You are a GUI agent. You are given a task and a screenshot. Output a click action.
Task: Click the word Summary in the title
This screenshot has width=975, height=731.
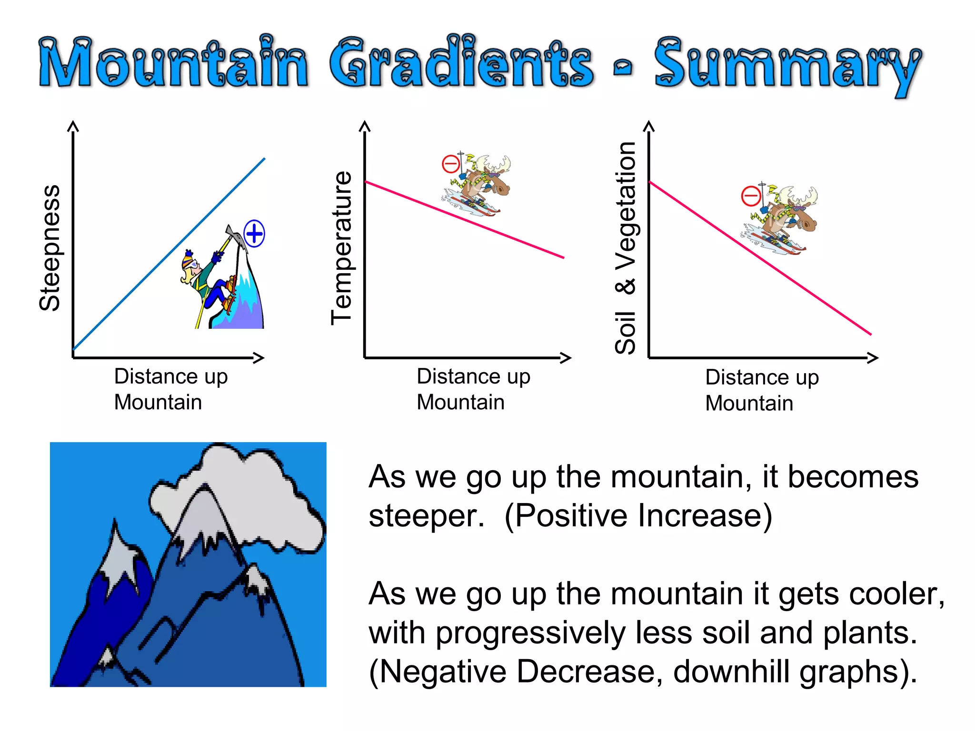click(x=788, y=64)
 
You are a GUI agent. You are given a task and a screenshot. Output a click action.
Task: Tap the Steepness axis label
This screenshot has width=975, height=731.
click(x=50, y=247)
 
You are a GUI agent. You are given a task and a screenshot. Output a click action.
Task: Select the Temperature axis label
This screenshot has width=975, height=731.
click(x=341, y=247)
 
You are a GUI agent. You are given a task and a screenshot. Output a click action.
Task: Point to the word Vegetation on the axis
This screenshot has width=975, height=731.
click(x=626, y=205)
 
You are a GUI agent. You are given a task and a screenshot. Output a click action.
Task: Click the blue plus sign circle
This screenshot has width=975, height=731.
click(x=254, y=234)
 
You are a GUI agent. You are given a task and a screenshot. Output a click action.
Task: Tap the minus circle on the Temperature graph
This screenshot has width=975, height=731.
click(x=451, y=165)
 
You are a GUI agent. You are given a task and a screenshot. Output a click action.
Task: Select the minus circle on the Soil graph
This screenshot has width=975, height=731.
click(x=751, y=196)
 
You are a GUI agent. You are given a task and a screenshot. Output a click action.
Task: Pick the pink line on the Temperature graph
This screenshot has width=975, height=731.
click(x=514, y=238)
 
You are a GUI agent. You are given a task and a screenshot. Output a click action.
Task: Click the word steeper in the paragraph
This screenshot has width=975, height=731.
click(x=426, y=516)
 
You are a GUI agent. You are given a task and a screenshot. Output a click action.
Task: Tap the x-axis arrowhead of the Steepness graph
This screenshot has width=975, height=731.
click(x=259, y=358)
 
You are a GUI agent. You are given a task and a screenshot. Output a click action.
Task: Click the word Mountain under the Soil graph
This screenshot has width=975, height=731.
click(x=749, y=404)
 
